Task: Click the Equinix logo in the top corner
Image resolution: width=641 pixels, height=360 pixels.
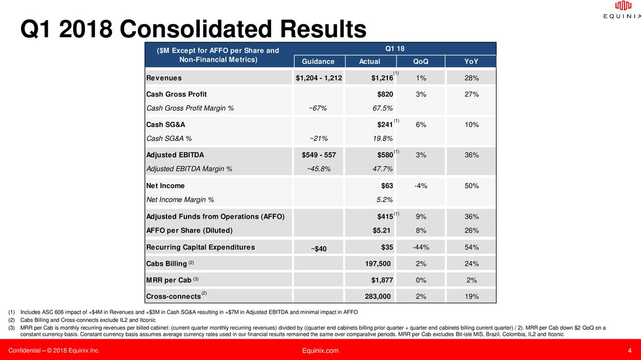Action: click(x=622, y=10)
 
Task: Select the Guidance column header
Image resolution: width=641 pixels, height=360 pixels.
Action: click(x=317, y=61)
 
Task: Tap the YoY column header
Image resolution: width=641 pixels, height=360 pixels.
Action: click(x=471, y=61)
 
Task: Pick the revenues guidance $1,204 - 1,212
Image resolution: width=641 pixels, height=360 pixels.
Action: click(x=318, y=78)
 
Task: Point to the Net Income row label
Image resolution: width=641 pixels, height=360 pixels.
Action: click(x=165, y=186)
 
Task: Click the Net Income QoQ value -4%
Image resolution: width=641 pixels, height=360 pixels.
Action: click(x=421, y=186)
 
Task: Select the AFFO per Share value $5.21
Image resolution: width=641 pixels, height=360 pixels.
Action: click(x=381, y=230)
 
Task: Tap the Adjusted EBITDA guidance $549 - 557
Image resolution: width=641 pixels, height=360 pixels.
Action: click(x=318, y=155)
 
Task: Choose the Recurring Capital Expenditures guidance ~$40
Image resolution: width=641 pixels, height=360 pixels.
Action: click(x=318, y=248)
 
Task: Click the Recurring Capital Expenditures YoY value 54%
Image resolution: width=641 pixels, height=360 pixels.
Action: click(x=471, y=247)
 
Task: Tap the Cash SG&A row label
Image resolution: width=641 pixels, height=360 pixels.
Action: click(x=163, y=124)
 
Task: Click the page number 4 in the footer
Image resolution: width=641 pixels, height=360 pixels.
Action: click(x=629, y=350)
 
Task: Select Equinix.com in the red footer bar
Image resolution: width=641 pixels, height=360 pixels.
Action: click(x=320, y=350)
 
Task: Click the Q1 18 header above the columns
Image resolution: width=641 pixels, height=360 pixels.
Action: click(x=395, y=48)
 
